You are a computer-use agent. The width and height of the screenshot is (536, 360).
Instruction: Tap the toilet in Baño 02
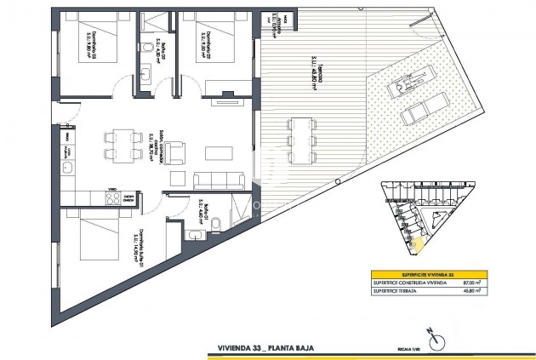pos(148,45)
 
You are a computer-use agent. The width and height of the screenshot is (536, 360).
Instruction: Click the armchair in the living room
pos(174,153)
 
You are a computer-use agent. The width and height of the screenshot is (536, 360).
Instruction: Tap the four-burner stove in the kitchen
pos(111,198)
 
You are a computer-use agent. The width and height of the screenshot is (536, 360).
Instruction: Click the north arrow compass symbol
pos(437,340)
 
